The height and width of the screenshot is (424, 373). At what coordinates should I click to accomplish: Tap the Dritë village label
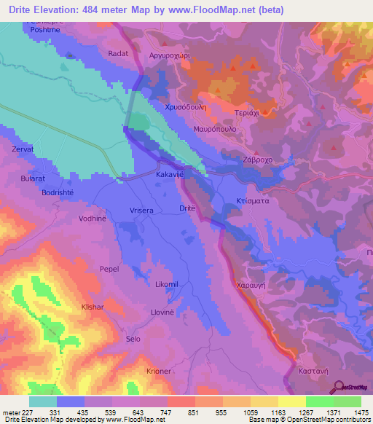(187, 208)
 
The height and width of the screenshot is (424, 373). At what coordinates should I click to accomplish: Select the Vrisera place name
(141, 211)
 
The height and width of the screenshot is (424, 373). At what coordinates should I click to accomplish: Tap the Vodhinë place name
(93, 218)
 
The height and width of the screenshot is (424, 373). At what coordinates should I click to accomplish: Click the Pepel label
(109, 269)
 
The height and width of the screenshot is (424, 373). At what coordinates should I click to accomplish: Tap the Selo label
(133, 339)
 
